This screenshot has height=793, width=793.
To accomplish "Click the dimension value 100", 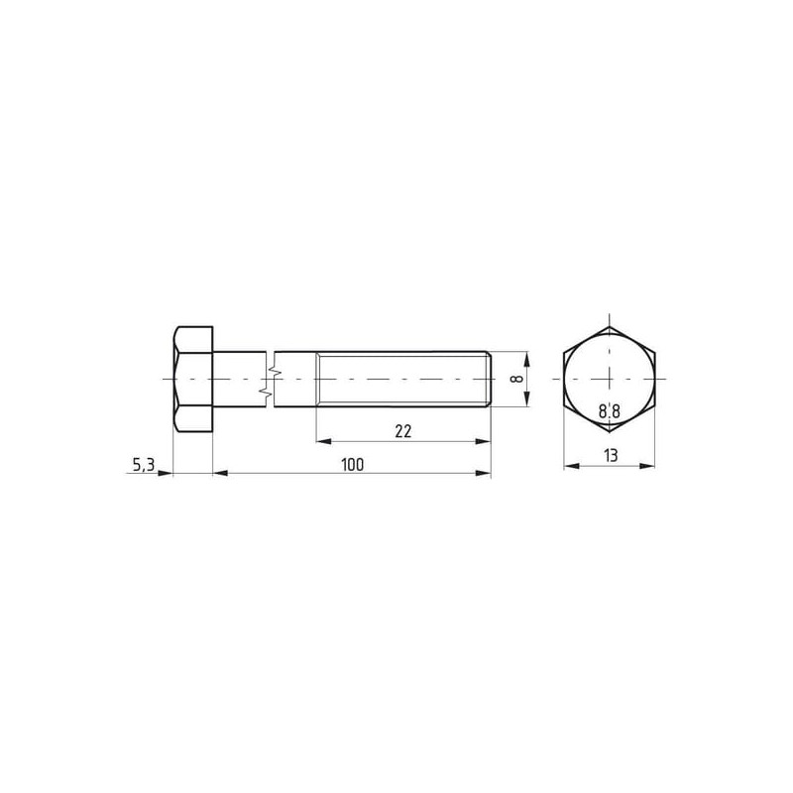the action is [352, 464].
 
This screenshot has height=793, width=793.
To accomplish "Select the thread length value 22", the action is [403, 431].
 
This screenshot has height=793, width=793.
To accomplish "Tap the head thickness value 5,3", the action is [143, 464].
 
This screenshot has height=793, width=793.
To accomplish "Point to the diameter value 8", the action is [515, 379].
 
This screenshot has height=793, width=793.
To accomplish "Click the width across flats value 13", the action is [611, 456].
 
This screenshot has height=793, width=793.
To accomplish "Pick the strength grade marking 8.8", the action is [609, 411].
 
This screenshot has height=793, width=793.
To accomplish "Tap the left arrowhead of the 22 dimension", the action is [324, 441].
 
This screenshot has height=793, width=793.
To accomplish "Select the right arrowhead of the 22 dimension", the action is [483, 441].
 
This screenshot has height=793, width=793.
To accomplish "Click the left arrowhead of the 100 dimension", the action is [220, 474].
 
